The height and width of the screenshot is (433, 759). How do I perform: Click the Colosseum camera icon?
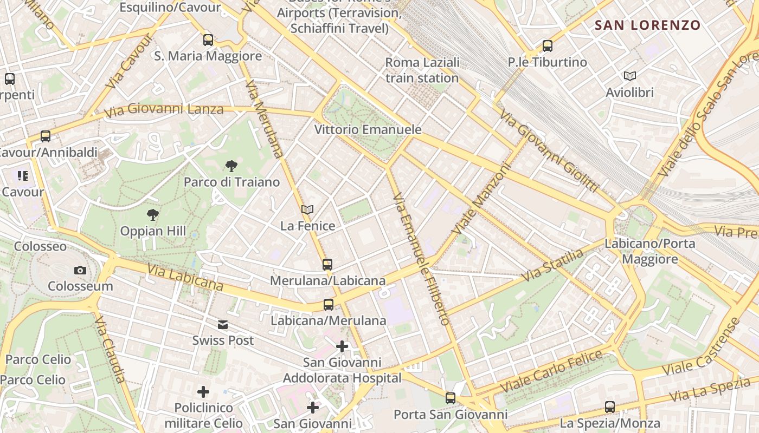tap(80, 270)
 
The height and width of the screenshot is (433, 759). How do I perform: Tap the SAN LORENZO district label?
tap(647, 25)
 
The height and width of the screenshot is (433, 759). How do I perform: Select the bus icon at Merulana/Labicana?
tap(327, 265)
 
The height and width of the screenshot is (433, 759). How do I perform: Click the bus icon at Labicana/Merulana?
tap(329, 305)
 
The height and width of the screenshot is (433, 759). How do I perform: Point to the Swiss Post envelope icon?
tap(223, 325)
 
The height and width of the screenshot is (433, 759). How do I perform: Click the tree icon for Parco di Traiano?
tap(231, 166)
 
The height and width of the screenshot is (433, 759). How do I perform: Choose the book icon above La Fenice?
tap(307, 209)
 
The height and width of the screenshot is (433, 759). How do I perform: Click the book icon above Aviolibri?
tap(629, 76)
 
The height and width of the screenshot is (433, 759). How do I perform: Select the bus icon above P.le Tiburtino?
tap(548, 46)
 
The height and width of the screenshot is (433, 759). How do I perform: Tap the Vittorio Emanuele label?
tap(368, 130)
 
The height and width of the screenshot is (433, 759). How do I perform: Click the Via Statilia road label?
tap(552, 265)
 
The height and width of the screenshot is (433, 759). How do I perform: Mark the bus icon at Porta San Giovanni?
tap(451, 398)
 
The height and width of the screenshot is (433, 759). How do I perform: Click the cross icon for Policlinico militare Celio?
tap(203, 391)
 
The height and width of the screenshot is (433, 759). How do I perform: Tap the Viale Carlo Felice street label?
tap(551, 372)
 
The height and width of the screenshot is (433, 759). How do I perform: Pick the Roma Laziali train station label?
tap(422, 70)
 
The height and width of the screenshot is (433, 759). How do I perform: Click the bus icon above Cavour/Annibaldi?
tap(46, 136)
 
